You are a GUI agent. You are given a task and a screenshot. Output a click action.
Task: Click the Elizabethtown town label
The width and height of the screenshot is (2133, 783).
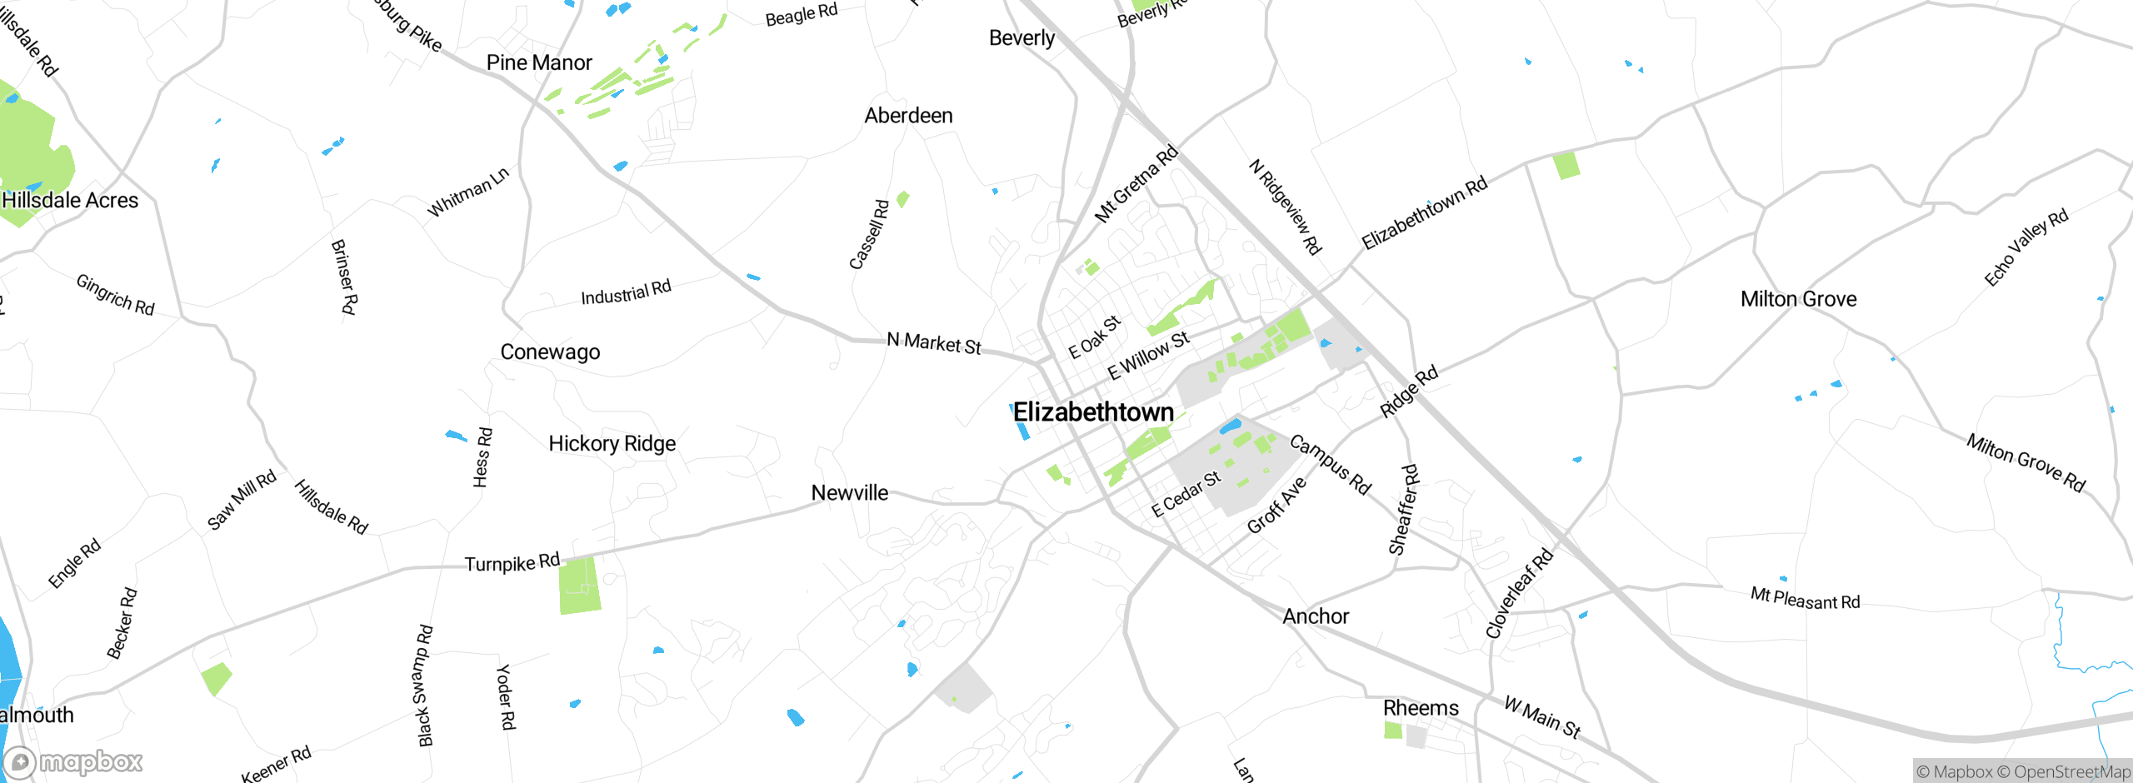[x=1093, y=412]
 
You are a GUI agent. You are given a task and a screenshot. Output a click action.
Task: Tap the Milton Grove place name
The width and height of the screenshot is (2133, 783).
[x=1798, y=299]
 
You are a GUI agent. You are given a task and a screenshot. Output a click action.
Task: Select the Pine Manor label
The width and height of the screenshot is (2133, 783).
[x=539, y=62]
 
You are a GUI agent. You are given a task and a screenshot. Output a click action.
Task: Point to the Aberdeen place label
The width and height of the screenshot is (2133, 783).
[x=908, y=116]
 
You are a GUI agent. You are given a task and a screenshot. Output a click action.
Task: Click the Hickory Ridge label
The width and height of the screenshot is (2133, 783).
[x=612, y=443]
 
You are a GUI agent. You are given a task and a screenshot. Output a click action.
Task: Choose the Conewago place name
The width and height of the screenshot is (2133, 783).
[x=550, y=352]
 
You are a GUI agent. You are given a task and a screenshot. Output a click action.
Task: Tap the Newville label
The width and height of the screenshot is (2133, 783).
[x=849, y=493]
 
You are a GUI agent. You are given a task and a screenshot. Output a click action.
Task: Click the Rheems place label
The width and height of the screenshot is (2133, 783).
[x=1421, y=708]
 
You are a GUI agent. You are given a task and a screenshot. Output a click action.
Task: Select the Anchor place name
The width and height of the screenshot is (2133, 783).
[x=1315, y=616]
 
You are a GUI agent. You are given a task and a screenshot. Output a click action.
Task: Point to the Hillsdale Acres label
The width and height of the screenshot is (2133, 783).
[x=70, y=201]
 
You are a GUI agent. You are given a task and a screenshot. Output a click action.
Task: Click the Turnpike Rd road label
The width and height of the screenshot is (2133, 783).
[x=512, y=563]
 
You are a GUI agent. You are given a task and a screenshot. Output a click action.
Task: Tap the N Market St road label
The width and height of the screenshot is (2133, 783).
[x=933, y=343]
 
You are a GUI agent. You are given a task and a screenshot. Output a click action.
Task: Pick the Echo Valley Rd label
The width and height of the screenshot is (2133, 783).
[x=2026, y=247]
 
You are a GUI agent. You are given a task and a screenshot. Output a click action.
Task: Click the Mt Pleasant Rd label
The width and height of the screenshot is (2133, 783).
[x=1805, y=599]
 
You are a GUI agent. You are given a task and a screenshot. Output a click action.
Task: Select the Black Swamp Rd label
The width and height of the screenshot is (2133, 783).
[x=425, y=685]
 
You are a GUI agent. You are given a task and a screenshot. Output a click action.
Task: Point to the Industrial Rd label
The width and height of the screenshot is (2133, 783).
[x=625, y=293]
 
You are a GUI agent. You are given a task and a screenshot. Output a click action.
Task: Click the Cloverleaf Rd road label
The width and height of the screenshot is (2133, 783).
[x=1519, y=593]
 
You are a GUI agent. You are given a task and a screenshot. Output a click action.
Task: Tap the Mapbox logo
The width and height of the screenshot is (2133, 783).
[x=73, y=761]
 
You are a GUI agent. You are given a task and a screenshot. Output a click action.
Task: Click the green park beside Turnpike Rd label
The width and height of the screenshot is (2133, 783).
[x=580, y=586]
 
